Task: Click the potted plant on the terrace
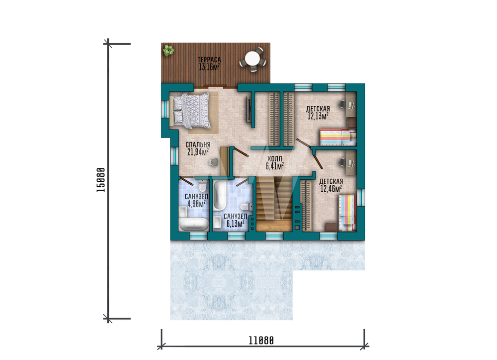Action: click(x=168, y=50)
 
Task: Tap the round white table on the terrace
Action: click(x=252, y=59)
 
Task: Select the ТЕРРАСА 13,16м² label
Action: click(x=209, y=64)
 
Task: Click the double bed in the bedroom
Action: click(x=190, y=111)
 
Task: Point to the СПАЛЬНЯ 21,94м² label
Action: click(x=198, y=149)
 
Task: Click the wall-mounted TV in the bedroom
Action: click(x=249, y=110)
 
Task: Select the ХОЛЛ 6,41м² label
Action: click(x=274, y=162)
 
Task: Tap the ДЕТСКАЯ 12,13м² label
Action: click(x=318, y=113)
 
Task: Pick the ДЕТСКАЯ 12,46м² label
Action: click(x=331, y=185)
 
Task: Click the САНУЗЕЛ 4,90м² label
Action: click(x=196, y=201)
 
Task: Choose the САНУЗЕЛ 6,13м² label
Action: click(x=235, y=220)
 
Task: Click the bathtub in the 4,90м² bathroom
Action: click(x=194, y=224)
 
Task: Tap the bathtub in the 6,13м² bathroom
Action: click(x=219, y=196)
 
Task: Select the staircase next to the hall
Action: click(x=274, y=204)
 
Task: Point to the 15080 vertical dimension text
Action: click(x=101, y=180)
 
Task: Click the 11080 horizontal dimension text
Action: click(x=261, y=340)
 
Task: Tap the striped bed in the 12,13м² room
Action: click(x=338, y=138)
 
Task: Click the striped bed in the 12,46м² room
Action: click(x=347, y=213)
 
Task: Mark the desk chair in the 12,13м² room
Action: click(x=342, y=104)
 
